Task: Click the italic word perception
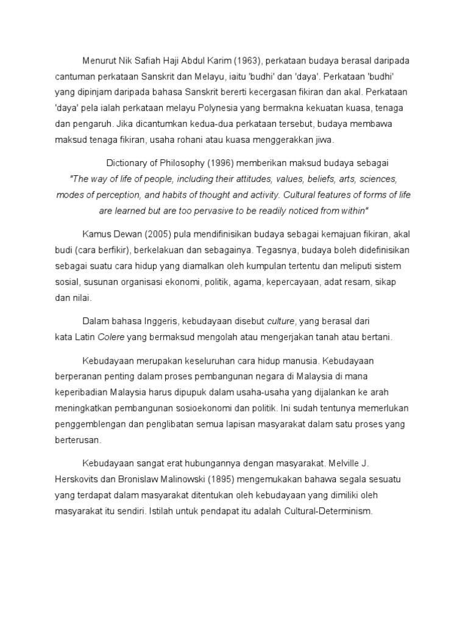(x=126, y=195)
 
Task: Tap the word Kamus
(x=97, y=235)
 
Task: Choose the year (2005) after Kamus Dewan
(x=153, y=235)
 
